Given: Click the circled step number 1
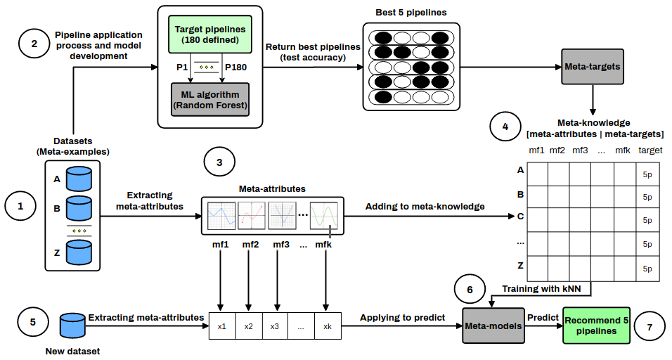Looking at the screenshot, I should pos(20,206).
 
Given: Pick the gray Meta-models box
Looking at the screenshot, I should pos(493,325).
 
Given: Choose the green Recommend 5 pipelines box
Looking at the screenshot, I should pos(596,325).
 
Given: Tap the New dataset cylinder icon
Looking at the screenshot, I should pos(72,325).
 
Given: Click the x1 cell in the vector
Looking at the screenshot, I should pos(221,327).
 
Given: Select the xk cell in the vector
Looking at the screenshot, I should pos(327,327).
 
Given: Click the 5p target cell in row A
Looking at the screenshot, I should pos(647,174).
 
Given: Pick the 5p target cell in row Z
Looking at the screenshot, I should pos(647,269).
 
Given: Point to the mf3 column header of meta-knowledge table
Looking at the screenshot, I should pos(580,150).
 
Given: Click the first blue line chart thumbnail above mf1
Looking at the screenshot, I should pos(221,214).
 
